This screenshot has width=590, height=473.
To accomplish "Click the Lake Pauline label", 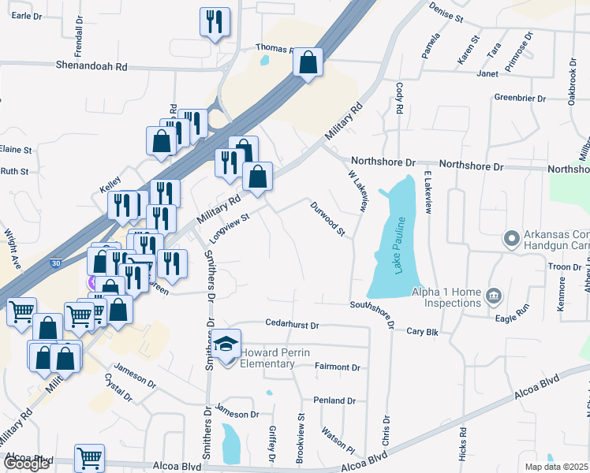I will [x=399, y=257].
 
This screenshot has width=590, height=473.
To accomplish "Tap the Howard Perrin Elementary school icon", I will [x=226, y=345].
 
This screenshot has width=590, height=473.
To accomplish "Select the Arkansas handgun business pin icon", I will [x=510, y=237].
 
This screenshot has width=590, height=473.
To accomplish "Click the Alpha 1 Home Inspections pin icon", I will [x=494, y=296].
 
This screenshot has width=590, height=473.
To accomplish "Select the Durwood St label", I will [x=327, y=220].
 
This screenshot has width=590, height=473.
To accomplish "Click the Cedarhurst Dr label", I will [x=292, y=325].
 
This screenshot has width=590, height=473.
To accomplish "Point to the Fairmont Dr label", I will [x=337, y=367].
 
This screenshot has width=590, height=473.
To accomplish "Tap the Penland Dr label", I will [x=334, y=400].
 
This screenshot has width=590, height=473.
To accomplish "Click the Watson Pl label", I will [x=341, y=440].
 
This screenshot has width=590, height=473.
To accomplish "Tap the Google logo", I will [x=26, y=464].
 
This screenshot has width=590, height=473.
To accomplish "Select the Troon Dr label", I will [x=564, y=267].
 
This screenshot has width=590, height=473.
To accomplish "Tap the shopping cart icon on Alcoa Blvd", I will [x=89, y=457].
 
